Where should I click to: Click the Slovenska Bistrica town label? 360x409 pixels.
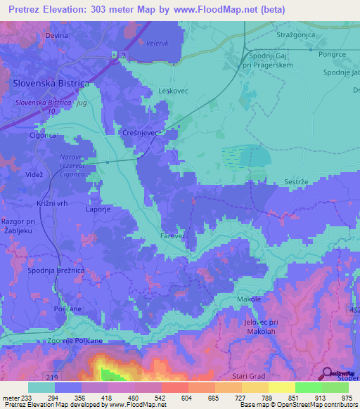click(x=51, y=83)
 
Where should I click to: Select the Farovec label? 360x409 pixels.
click(x=173, y=236)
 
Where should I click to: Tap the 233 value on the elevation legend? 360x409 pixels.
click(x=28, y=398)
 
